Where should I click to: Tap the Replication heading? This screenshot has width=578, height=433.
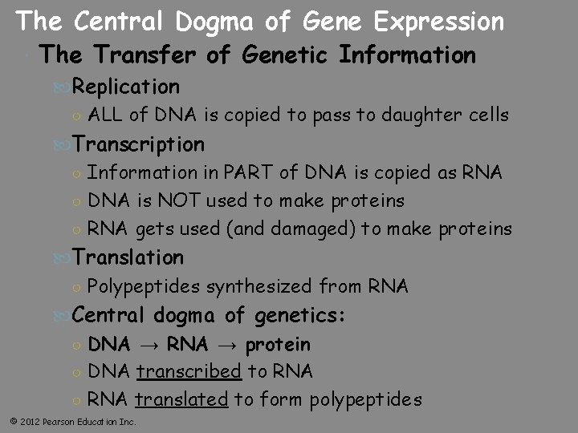[x=126, y=87]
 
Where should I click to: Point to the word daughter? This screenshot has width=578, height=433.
[x=422, y=115]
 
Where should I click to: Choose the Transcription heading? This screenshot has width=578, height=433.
[x=138, y=144]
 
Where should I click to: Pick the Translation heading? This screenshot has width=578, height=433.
[x=128, y=257]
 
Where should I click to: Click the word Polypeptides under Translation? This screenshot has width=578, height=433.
[x=144, y=286]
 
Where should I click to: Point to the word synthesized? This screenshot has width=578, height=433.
[x=258, y=286]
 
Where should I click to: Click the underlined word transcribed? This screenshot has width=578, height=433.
[x=189, y=372]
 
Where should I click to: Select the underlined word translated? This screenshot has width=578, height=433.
[x=181, y=400]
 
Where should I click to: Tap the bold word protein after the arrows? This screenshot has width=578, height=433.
[x=278, y=345]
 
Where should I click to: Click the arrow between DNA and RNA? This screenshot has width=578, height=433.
[x=149, y=346]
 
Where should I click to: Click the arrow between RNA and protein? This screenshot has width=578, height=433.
[x=226, y=346]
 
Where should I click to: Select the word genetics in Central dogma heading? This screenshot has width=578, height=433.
[x=301, y=315]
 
